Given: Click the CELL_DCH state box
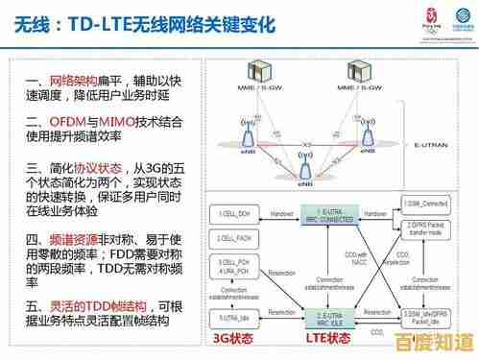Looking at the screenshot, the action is pos(233,212).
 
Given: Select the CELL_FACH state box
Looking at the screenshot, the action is pos(233,236).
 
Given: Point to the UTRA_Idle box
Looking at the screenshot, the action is pos(233,315).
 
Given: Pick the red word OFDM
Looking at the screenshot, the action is pos(69,122).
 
